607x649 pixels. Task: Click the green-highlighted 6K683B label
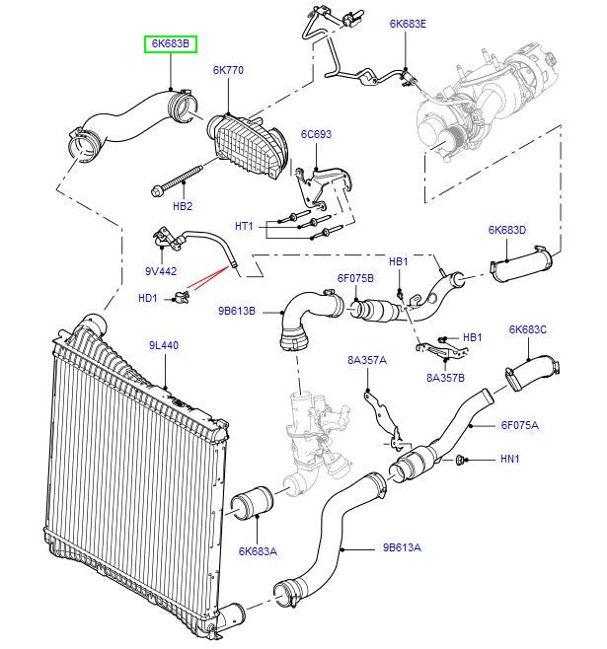[171, 44]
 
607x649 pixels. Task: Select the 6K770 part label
[228, 71]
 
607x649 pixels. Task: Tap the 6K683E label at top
[408, 23]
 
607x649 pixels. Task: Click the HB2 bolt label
[183, 206]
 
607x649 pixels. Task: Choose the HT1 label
[243, 226]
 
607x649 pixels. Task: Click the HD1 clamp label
[147, 297]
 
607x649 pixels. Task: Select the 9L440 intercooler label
[163, 345]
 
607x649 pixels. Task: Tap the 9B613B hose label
[237, 310]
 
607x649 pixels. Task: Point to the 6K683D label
[506, 230]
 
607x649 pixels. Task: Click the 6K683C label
[527, 329]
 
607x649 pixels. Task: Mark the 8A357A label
[366, 361]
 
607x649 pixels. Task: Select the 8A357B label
[445, 377]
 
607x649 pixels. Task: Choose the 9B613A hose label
[402, 547]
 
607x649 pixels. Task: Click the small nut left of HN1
[461, 460]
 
